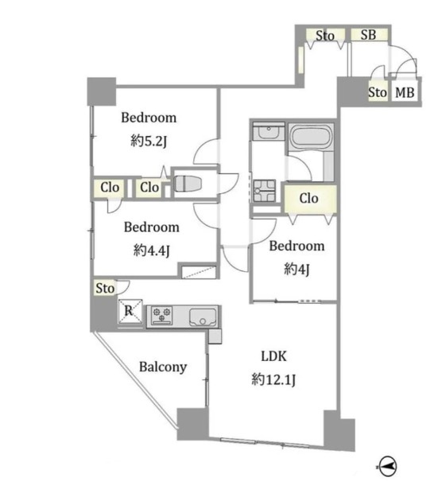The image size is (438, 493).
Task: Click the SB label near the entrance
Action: click(368, 34)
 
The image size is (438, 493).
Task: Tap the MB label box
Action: click(405, 92)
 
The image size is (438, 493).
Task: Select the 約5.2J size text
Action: click(149, 142)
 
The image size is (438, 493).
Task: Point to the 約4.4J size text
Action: click(152, 250)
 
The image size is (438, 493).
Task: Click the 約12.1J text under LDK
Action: click(273, 380)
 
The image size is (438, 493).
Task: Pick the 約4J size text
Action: click(297, 269)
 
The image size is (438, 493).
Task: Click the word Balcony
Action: click(163, 367)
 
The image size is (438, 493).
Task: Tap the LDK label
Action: click(274, 356)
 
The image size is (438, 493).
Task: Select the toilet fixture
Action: click(188, 184)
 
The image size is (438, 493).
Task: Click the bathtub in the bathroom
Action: click(311, 137)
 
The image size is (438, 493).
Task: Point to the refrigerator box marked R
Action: click(130, 311)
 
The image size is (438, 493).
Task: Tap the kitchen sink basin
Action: click(203, 317)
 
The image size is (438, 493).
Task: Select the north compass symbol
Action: click(388, 466)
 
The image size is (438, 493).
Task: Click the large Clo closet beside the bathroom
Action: click(311, 199)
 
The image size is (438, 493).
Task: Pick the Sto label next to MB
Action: click(378, 92)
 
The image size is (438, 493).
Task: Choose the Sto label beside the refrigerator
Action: click(105, 288)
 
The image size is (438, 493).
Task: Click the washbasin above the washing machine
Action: click(269, 131)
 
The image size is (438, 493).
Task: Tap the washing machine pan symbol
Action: click(265, 191)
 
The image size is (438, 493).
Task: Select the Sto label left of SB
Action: click(325, 36)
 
